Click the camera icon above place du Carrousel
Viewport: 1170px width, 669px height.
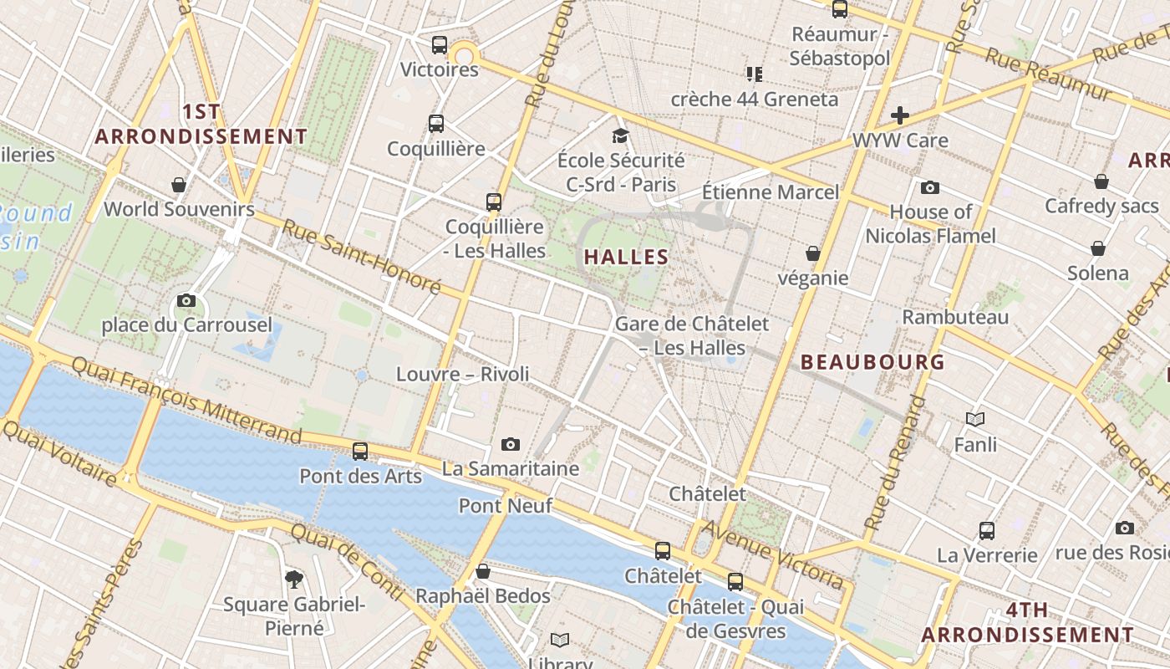tap(186, 301)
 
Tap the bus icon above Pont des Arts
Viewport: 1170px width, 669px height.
tap(360, 452)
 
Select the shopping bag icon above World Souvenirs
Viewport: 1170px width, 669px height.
tap(179, 185)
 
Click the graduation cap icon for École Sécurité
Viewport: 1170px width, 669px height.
tap(620, 136)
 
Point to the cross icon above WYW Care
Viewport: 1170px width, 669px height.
tap(900, 115)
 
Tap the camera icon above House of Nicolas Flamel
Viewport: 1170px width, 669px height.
tap(930, 188)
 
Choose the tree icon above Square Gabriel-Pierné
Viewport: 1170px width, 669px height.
tap(293, 579)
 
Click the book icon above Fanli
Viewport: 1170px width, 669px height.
tap(975, 419)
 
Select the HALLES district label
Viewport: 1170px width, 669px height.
tap(627, 258)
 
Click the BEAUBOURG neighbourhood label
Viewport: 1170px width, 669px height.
tap(872, 362)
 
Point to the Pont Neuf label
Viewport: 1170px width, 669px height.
tap(506, 506)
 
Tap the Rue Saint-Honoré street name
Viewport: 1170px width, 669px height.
tap(361, 257)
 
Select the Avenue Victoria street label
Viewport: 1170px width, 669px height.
tap(773, 554)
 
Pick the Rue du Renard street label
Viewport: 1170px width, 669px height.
tap(895, 464)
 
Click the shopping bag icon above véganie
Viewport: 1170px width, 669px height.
tap(812, 253)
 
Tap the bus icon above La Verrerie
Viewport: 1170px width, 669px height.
tap(987, 531)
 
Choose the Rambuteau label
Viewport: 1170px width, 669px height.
tap(955, 318)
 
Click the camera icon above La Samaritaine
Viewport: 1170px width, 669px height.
tap(511, 444)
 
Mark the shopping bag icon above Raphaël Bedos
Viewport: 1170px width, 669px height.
tap(483, 572)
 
